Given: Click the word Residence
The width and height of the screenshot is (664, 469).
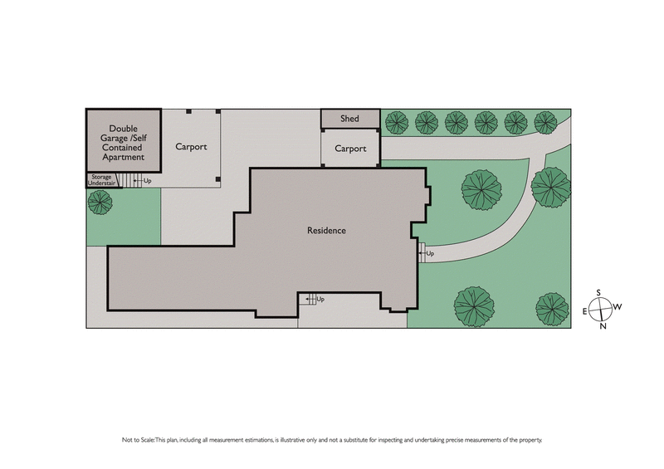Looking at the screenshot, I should coord(325,230).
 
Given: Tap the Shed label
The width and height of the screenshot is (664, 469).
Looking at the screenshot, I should coord(349,119).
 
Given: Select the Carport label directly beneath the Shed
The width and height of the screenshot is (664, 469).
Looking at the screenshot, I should coord(350,149).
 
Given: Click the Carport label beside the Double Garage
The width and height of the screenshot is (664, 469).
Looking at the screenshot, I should coord(191,146).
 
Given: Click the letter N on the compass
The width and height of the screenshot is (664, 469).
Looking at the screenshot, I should coord(603,325).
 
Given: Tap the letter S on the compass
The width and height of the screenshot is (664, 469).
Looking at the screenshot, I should coord(598,292).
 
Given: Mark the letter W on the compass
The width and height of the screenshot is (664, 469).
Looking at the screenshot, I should coord(618,306).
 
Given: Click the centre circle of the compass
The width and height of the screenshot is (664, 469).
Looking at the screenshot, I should coord(602,308).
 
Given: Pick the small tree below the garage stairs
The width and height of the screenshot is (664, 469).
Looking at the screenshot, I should coord(100,203).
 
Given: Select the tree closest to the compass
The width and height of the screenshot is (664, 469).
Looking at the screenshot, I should coord(552,308).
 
